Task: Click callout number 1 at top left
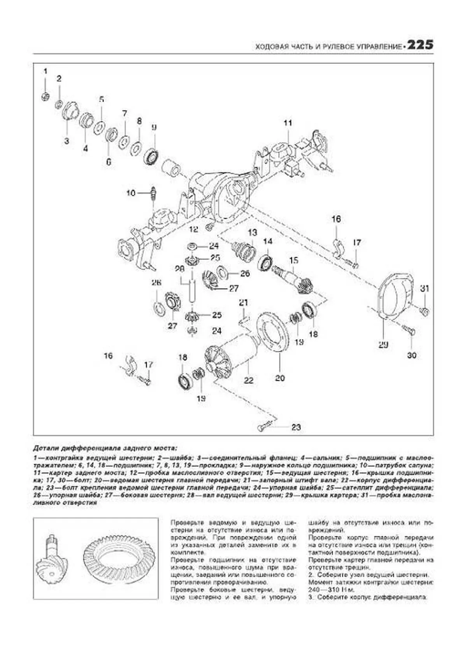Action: (x=45, y=71)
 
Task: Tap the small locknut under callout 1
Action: (x=46, y=96)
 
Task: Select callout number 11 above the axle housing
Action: (x=288, y=123)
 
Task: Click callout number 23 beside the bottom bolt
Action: (x=296, y=427)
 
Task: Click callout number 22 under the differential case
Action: (x=248, y=380)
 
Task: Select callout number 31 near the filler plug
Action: (x=425, y=289)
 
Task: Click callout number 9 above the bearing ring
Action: (x=154, y=127)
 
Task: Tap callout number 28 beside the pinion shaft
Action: (x=179, y=269)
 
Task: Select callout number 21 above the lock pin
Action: (x=243, y=302)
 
